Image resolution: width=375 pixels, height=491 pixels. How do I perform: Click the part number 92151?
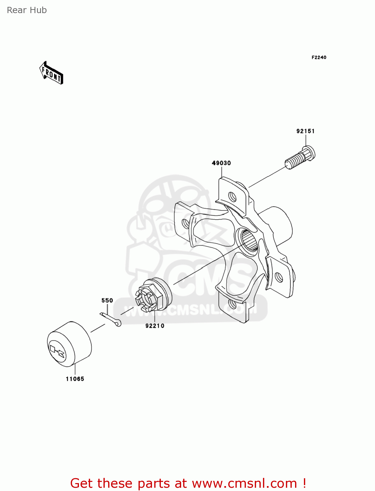[306, 131]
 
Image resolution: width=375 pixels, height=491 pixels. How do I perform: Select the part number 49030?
[221, 163]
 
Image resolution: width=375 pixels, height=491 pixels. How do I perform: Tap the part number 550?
[107, 300]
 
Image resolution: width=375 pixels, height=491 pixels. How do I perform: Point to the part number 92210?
[155, 326]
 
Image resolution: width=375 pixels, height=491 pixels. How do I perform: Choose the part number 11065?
[75, 379]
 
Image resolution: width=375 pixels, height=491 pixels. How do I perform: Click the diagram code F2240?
[319, 58]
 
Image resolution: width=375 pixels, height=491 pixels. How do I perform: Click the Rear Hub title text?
[27, 10]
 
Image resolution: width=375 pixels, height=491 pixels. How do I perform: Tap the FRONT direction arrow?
[51, 73]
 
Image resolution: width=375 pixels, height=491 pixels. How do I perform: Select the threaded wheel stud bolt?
[300, 157]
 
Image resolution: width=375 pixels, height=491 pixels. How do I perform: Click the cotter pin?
[110, 319]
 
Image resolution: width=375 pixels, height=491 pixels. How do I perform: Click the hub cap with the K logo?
[69, 344]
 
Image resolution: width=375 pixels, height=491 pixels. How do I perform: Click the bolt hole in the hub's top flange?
[232, 197]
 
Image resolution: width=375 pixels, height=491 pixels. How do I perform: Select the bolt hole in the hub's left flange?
[185, 224]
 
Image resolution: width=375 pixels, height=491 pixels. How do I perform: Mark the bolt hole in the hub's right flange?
[279, 277]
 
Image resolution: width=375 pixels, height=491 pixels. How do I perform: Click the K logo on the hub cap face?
[57, 351]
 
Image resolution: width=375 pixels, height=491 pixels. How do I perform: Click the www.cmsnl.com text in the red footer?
[244, 483]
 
